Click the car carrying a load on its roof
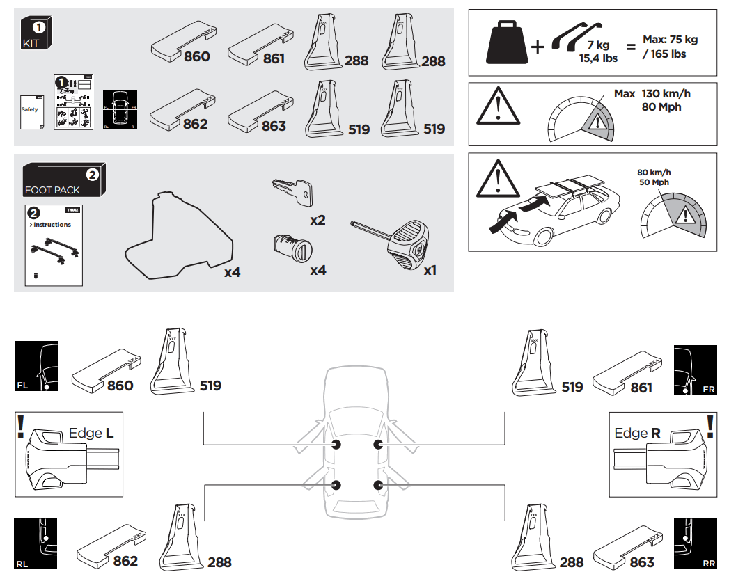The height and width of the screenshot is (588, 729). [557, 209]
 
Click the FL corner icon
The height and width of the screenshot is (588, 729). [36, 366]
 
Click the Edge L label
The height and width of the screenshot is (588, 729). [91, 434]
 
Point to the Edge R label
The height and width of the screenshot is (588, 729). [637, 434]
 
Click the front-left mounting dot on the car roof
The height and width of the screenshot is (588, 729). [336, 445]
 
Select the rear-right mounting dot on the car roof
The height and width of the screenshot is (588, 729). [378, 485]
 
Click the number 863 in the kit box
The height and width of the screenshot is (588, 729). [274, 126]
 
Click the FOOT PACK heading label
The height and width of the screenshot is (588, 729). [52, 189]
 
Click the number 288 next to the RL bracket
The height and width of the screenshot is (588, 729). [219, 562]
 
